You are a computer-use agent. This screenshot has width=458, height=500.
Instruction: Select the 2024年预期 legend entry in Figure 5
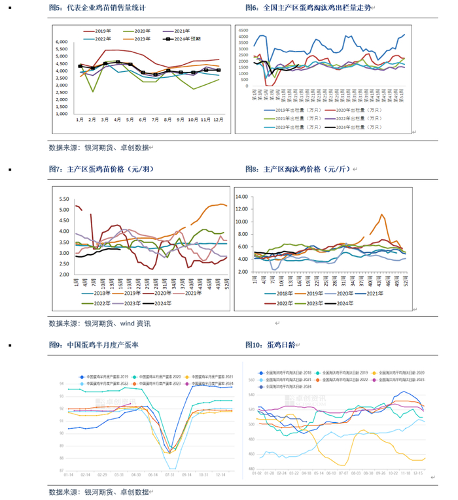(x=186, y=39)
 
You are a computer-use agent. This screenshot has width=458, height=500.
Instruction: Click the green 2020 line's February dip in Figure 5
(x=93, y=92)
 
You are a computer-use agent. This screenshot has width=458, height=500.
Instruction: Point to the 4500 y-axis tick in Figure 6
(x=243, y=30)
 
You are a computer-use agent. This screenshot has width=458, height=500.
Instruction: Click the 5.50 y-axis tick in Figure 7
(x=64, y=199)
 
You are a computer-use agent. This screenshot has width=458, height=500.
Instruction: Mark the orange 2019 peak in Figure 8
(x=382, y=214)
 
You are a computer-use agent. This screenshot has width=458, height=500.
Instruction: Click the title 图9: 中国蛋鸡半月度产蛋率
(x=97, y=345)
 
